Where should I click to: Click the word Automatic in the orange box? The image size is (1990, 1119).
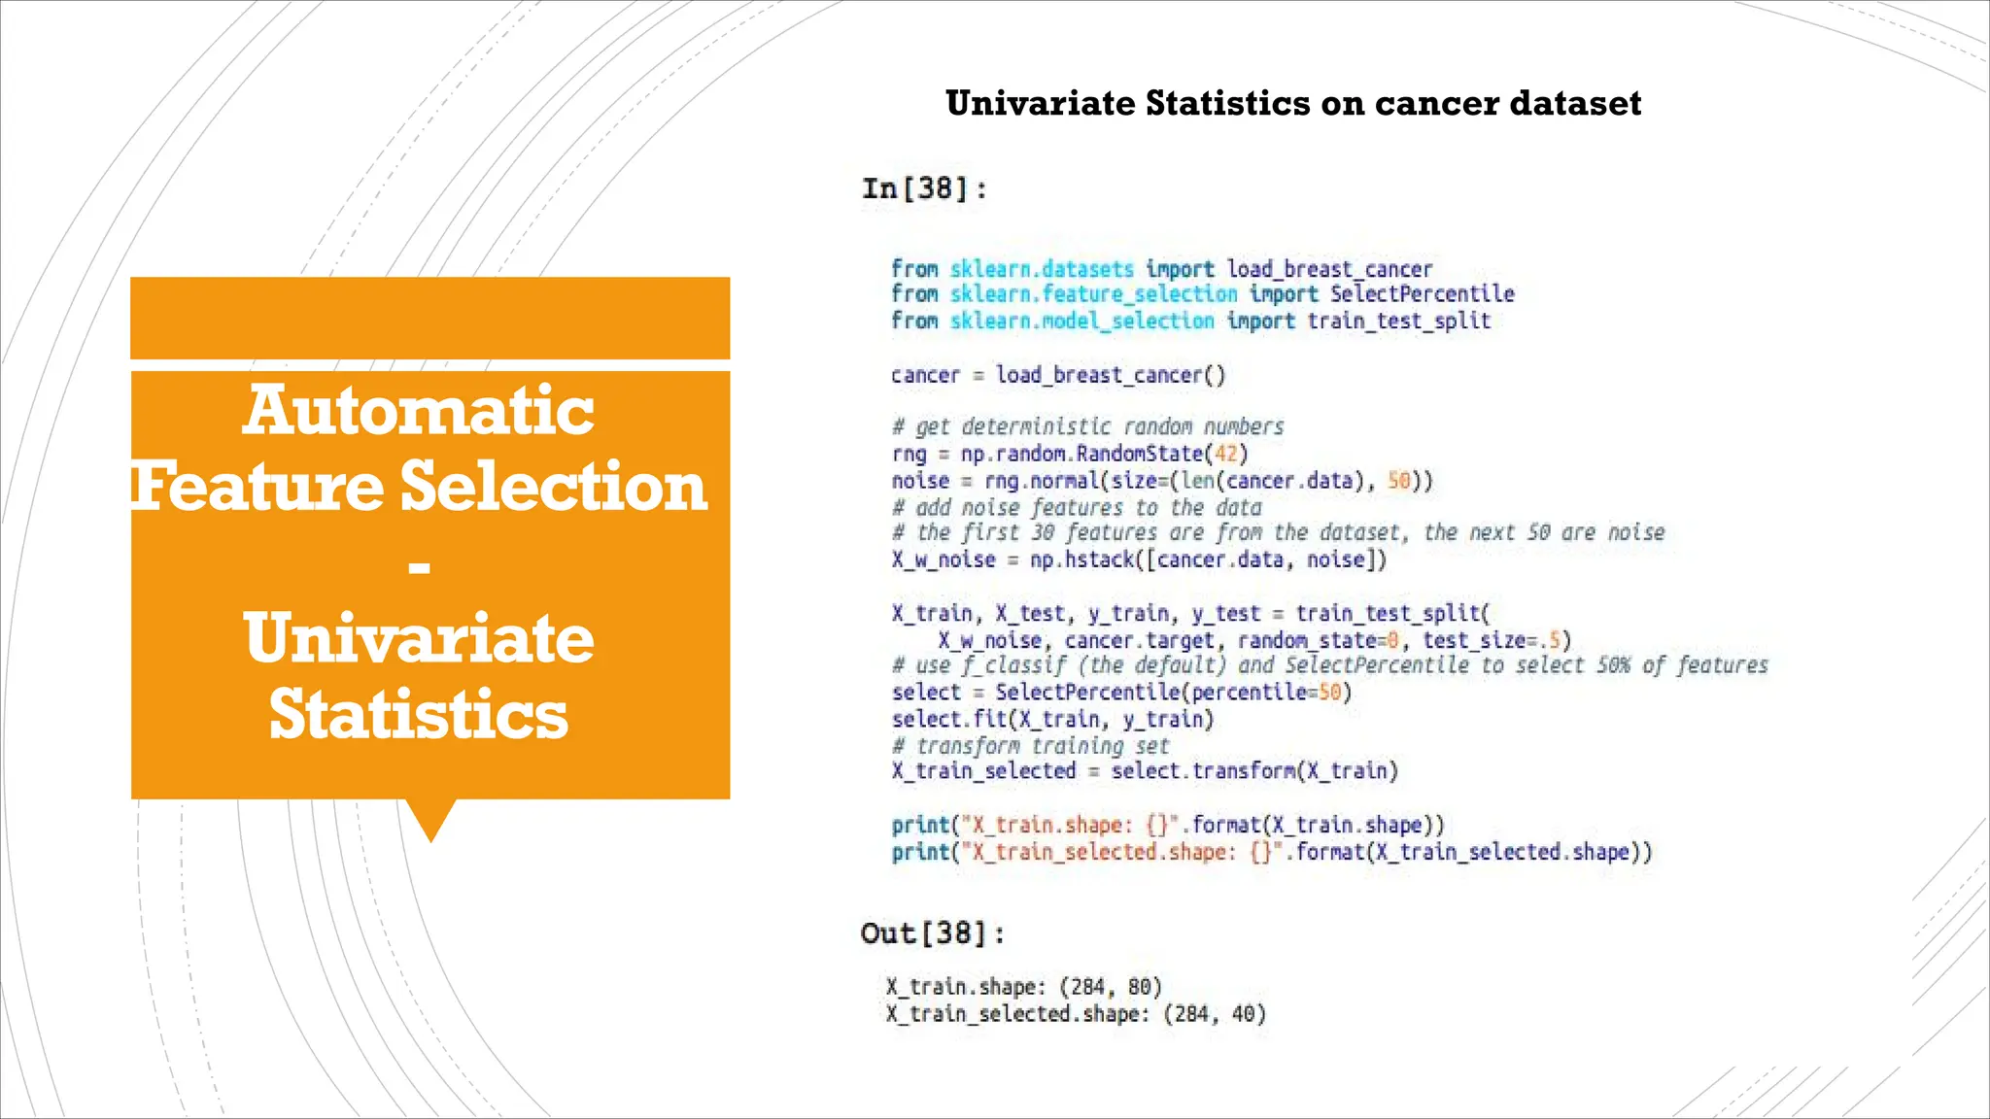pyautogui.click(x=418, y=410)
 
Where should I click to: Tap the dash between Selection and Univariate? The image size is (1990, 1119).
pyautogui.click(x=419, y=565)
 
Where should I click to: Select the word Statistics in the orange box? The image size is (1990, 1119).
pyautogui.click(x=418, y=715)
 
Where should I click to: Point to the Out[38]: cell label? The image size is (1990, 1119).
pyautogui.click(x=932, y=933)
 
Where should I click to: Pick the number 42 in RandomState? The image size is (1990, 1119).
pyautogui.click(x=1225, y=454)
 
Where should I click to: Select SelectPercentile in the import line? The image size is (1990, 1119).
pyautogui.click(x=1422, y=294)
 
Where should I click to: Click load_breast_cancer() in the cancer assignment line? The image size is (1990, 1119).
pyautogui.click(x=1111, y=375)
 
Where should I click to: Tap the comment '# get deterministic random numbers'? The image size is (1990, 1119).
pyautogui.click(x=1087, y=426)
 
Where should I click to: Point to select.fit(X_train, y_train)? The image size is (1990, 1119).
pyautogui.click(x=1052, y=720)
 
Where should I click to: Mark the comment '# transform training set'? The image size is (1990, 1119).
pyautogui.click(x=1030, y=746)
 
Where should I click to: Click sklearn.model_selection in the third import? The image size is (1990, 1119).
pyautogui.click(x=1081, y=322)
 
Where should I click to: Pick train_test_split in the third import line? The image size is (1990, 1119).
pyautogui.click(x=1398, y=322)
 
